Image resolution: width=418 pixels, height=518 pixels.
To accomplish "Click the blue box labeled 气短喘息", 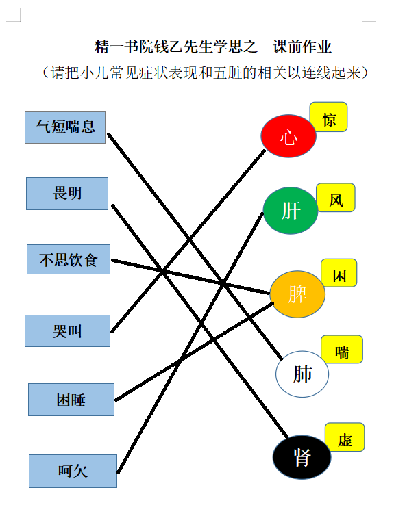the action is click(65, 127).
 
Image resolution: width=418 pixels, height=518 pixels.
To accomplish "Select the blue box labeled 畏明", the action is click(67, 194).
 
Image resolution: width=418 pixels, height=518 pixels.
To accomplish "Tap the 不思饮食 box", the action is click(69, 259).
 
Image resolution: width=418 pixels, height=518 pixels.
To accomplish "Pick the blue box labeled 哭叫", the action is click(67, 331).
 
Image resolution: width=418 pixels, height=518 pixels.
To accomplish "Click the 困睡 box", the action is click(71, 400).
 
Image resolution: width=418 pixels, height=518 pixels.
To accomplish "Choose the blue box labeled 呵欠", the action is click(73, 471).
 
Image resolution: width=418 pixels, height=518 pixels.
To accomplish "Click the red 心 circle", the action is click(288, 135).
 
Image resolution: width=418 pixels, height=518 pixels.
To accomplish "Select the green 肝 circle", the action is click(291, 211).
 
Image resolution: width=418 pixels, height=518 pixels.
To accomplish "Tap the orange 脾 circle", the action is click(297, 294).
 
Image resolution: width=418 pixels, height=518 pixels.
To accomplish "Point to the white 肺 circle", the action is click(302, 374).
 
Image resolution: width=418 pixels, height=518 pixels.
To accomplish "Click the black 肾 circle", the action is click(302, 457).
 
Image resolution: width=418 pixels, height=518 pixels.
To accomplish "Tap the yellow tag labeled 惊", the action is click(328, 117).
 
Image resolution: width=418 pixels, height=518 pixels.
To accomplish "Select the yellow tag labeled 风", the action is click(336, 198).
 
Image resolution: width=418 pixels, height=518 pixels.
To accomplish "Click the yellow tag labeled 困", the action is click(339, 273).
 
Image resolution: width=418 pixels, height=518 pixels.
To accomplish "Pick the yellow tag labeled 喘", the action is click(342, 349).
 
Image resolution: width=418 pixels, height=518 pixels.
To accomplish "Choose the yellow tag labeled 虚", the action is click(345, 437).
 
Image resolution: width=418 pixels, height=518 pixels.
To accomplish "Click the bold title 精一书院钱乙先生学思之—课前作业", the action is click(212, 47).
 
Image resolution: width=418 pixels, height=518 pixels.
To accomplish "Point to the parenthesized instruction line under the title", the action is click(205, 73).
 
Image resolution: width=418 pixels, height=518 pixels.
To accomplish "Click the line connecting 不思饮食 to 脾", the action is click(190, 277).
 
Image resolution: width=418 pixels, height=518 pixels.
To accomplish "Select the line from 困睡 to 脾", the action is click(195, 352).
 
